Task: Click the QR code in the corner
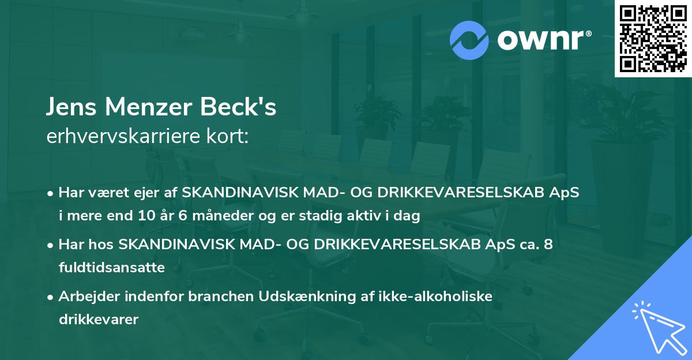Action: tap(653, 39)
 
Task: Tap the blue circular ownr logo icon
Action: tap(470, 40)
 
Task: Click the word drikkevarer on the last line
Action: tap(98, 319)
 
